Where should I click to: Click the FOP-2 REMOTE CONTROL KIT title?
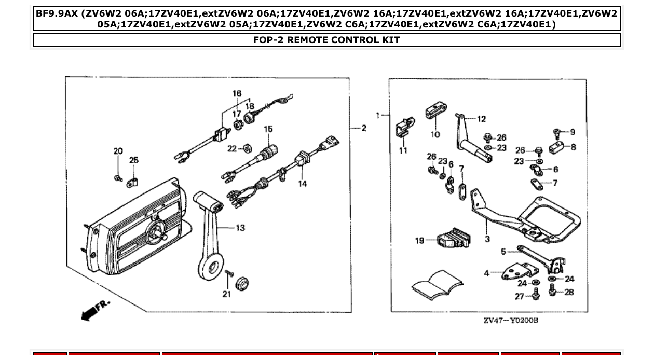(326, 40)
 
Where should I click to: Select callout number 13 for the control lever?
(240, 228)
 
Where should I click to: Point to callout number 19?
(420, 240)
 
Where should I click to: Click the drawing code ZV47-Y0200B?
(511, 320)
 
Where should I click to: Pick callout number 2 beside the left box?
(363, 128)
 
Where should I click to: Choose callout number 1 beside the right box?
(378, 115)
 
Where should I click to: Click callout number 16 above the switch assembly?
(237, 94)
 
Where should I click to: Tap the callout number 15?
(268, 129)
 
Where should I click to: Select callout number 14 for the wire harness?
(302, 183)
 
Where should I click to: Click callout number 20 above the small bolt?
(118, 151)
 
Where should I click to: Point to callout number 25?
(134, 160)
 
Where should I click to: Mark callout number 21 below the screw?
(226, 295)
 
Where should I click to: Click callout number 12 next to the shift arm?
(481, 119)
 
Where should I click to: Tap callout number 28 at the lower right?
(569, 292)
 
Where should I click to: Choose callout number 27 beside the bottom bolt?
(520, 296)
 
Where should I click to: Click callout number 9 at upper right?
(572, 132)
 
